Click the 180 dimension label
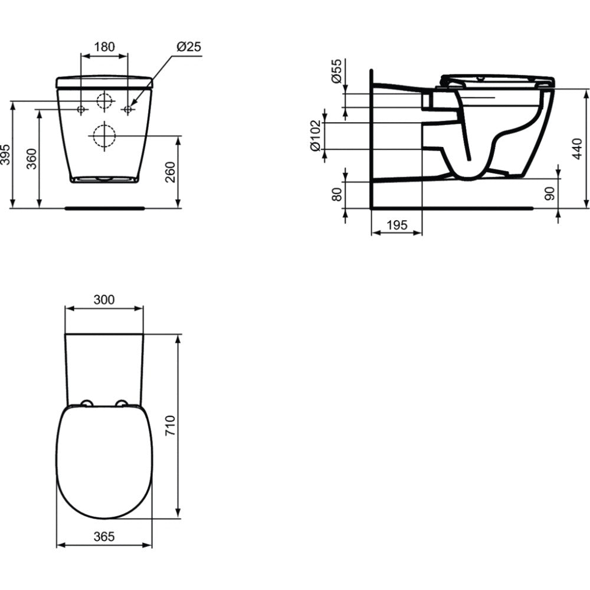(104, 47)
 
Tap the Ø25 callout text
(189, 47)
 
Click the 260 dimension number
(171, 172)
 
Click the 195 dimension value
(396, 225)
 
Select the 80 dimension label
(337, 195)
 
